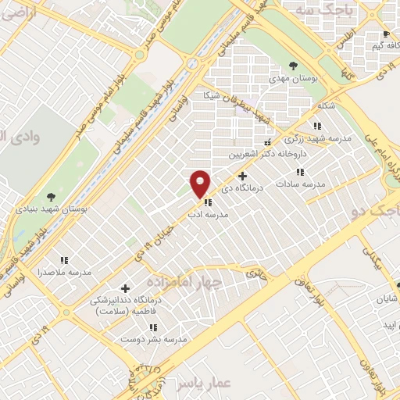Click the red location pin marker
[x=201, y=183]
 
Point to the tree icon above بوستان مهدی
[x=294, y=66]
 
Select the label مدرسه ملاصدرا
[x=64, y=273]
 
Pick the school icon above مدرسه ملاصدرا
[x=64, y=260]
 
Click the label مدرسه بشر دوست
[x=153, y=340]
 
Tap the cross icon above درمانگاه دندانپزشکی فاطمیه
[x=125, y=288]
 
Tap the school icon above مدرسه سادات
[x=300, y=171]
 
